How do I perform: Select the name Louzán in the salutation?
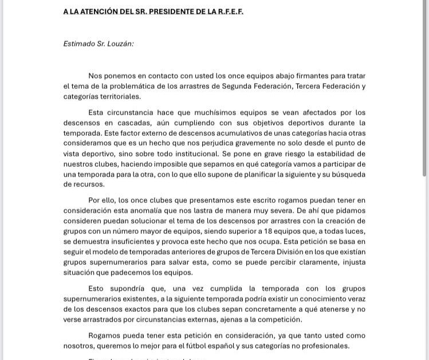pyautogui.click(x=121, y=44)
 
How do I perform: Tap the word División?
pyautogui.click(x=288, y=252)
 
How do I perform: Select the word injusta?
pyautogui.click(x=351, y=263)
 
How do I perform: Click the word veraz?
pyautogui.click(x=353, y=299)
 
